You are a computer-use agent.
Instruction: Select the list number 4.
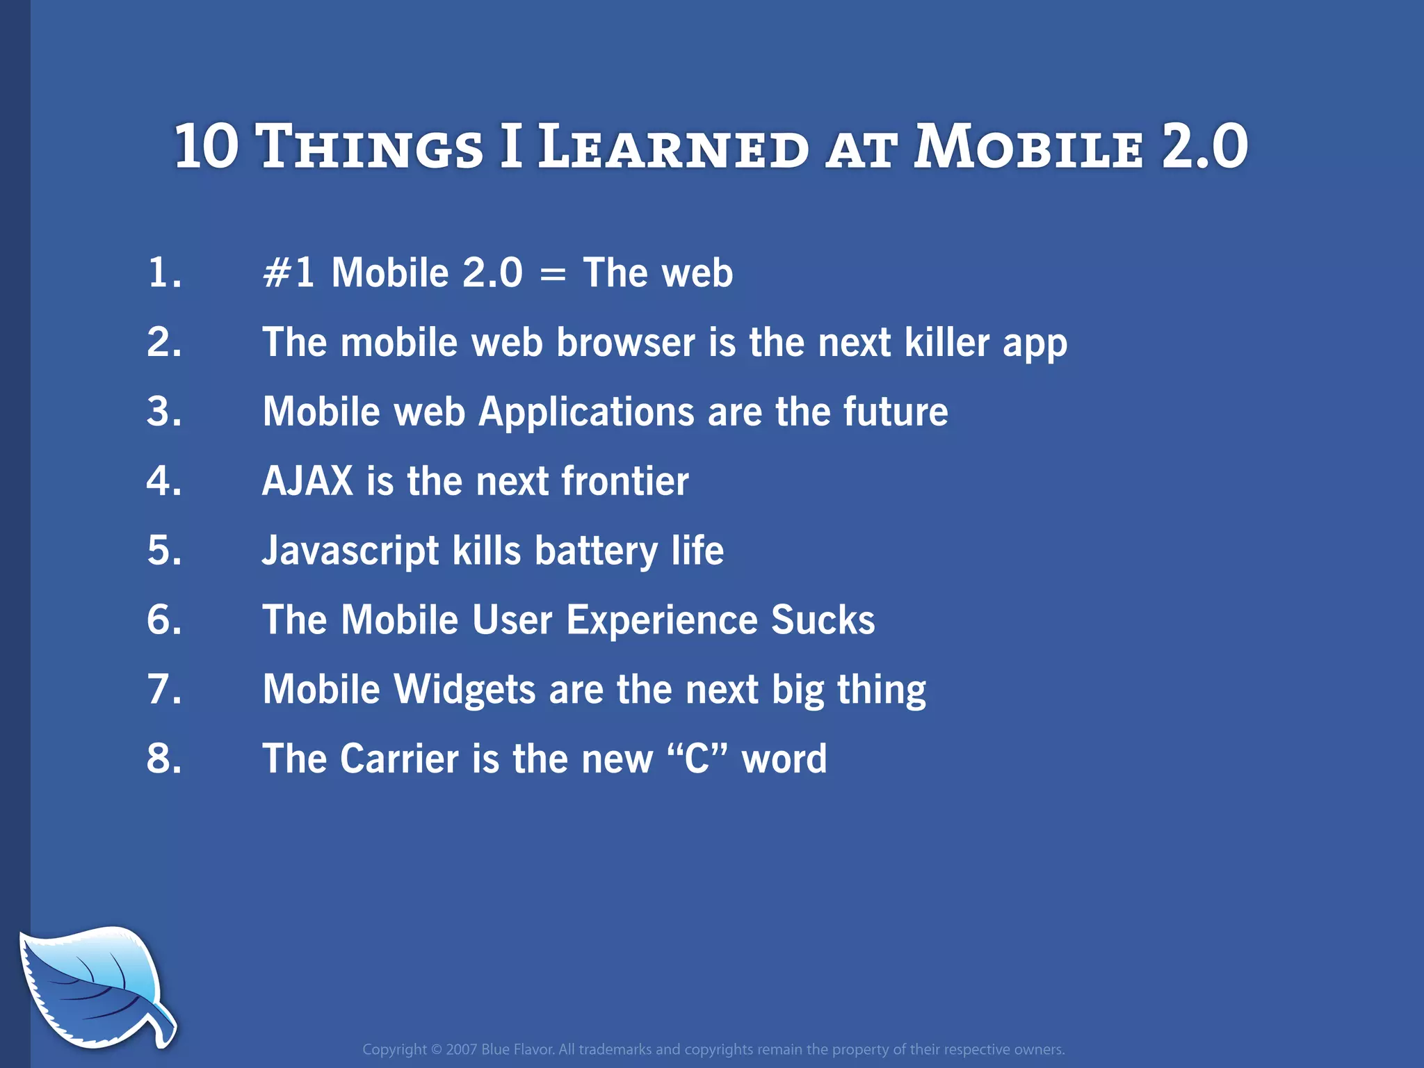tap(164, 480)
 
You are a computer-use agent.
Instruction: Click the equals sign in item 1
tap(553, 274)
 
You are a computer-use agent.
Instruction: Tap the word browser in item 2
tap(625, 342)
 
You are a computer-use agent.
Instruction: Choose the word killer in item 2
tap(946, 342)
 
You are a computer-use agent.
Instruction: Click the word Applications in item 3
tap(586, 412)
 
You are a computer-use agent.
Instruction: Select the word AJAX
tap(307, 480)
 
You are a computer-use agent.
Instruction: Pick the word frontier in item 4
tap(624, 480)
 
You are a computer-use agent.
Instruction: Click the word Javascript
tap(350, 551)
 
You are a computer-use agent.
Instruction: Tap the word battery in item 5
tap(596, 551)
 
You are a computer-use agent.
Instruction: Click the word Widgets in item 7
tap(464, 689)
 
